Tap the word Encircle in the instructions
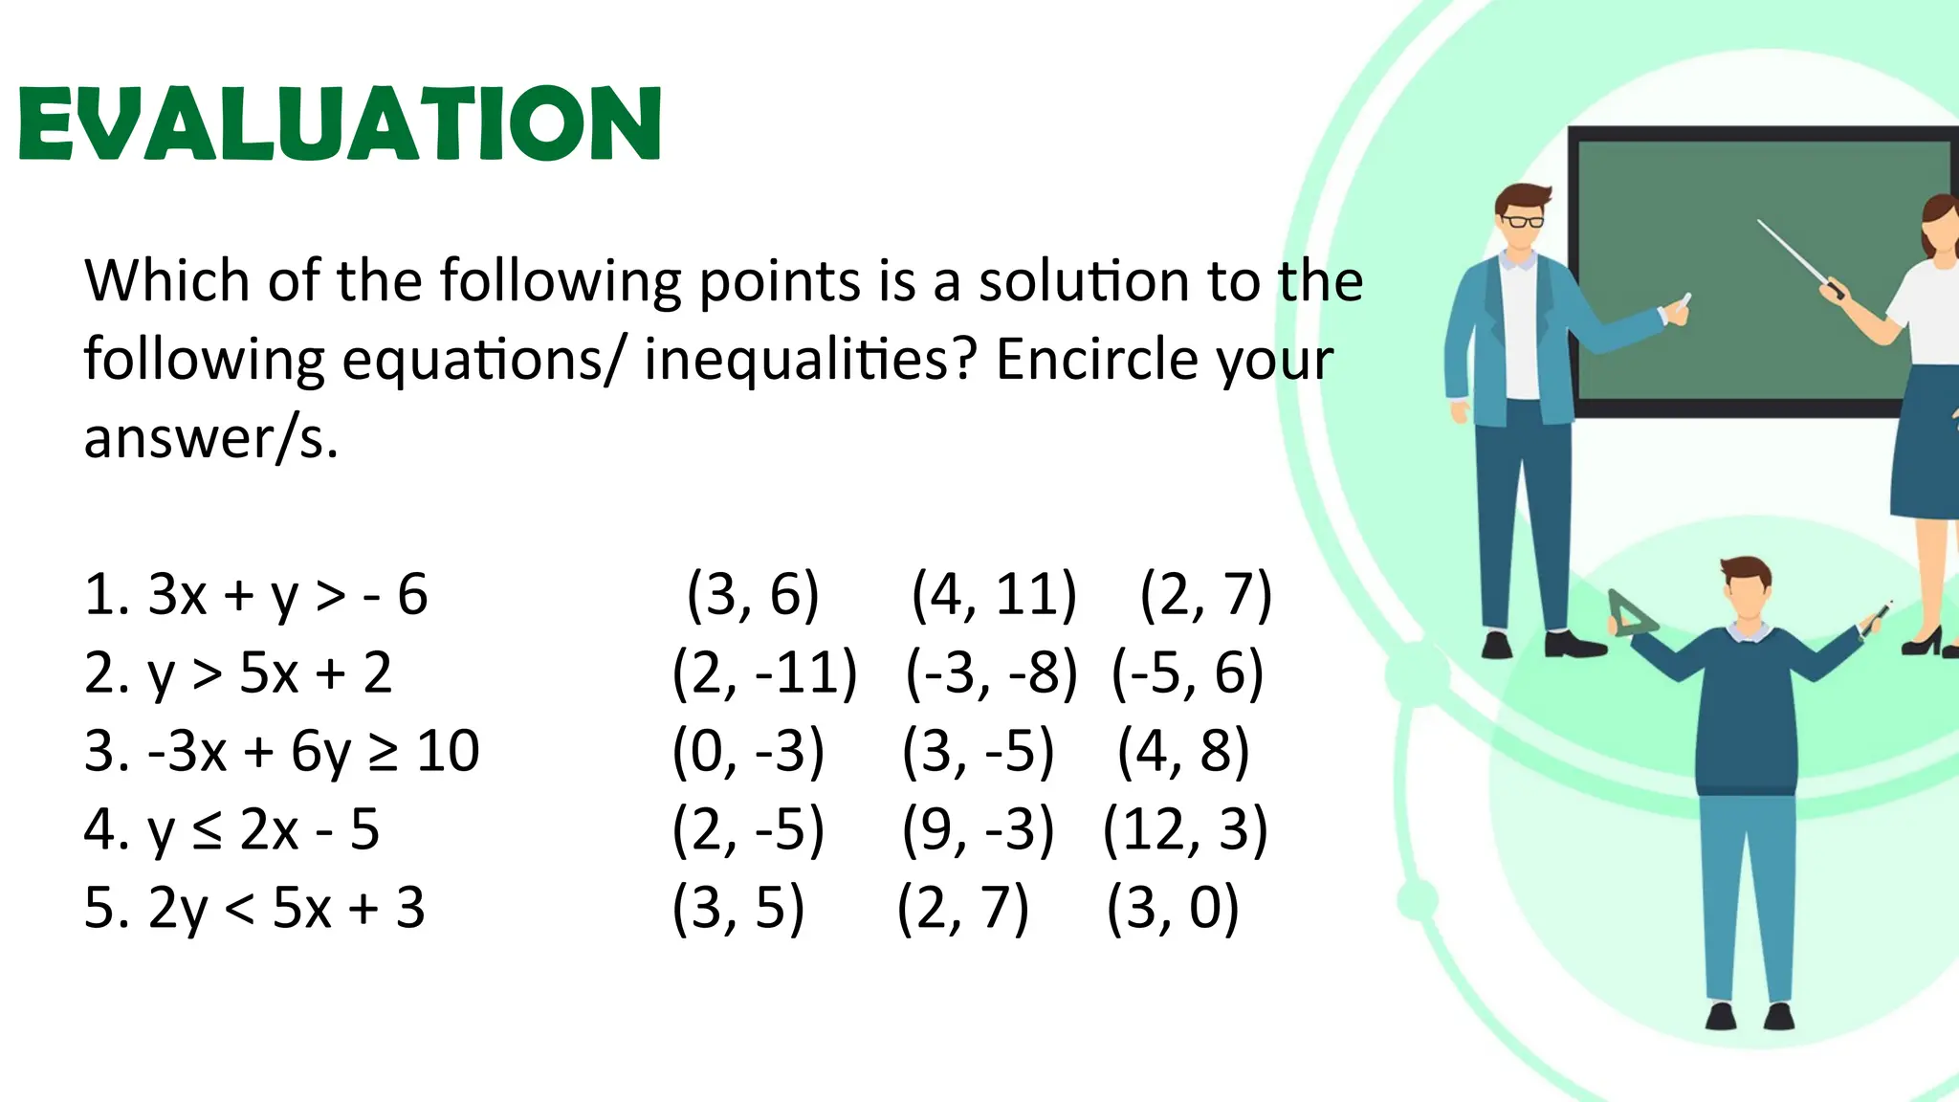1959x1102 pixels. (1096, 361)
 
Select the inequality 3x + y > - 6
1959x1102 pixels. (287, 594)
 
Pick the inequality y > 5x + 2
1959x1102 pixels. (269, 672)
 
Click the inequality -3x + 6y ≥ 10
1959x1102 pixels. (313, 751)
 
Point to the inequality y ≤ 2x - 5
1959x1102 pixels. (263, 829)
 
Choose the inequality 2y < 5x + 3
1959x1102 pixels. (286, 908)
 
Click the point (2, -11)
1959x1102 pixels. (764, 672)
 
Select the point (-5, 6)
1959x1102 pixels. (1187, 672)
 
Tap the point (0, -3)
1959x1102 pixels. (747, 751)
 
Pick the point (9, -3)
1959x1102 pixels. (978, 829)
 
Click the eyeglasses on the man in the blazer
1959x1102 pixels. (1522, 222)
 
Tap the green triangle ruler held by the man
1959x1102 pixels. (1630, 615)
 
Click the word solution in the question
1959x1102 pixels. (1083, 282)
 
